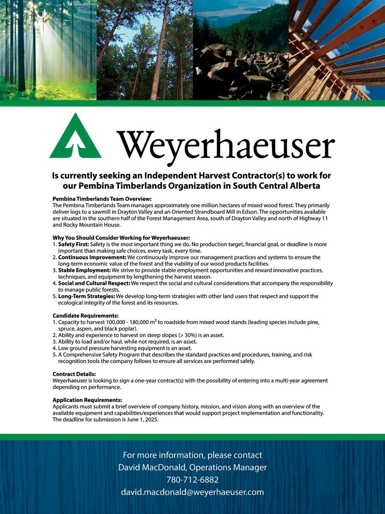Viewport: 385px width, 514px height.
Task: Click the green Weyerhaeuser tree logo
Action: coord(75,136)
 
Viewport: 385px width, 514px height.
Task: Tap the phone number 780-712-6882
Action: coord(192,480)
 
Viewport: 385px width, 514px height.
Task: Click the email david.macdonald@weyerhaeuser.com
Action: coord(192,492)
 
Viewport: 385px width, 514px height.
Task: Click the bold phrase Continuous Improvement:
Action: coord(92,257)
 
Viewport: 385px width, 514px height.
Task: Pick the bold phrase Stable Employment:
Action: coord(84,271)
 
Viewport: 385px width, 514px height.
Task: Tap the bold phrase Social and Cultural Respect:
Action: coord(94,284)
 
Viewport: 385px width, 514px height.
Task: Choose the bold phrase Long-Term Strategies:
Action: coord(87,296)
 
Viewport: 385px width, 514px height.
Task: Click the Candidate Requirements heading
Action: coord(85,316)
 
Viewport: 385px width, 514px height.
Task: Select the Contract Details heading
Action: coord(74,374)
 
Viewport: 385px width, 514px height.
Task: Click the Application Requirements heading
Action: coord(87,400)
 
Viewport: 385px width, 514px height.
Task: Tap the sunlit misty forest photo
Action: coord(48,50)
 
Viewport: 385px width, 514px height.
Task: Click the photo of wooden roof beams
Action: coord(336,50)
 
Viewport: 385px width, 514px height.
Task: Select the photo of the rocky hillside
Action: coord(241,50)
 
